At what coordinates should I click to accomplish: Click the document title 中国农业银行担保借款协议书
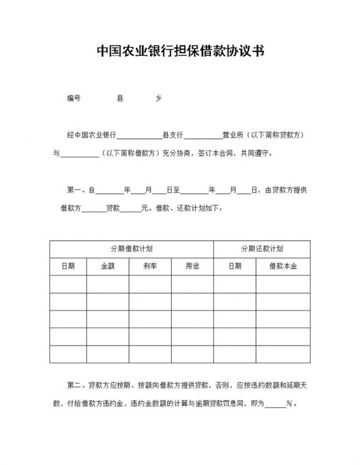(x=180, y=52)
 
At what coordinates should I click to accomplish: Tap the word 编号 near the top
(x=73, y=99)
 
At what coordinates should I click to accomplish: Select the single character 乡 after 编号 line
(x=158, y=99)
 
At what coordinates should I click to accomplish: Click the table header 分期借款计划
(x=131, y=249)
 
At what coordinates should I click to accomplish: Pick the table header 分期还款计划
(x=262, y=249)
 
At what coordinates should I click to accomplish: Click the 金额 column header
(x=108, y=266)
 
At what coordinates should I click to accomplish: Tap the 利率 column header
(x=149, y=266)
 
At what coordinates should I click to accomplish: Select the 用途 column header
(x=192, y=266)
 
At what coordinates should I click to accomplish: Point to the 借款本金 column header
(x=283, y=266)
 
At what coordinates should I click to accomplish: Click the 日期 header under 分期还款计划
(x=235, y=266)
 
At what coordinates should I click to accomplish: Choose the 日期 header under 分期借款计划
(x=68, y=266)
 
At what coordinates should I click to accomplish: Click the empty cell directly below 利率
(x=149, y=284)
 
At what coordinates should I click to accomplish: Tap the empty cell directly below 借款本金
(x=283, y=284)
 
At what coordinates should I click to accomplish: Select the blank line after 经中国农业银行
(x=140, y=137)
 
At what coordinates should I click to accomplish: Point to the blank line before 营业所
(x=203, y=137)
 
